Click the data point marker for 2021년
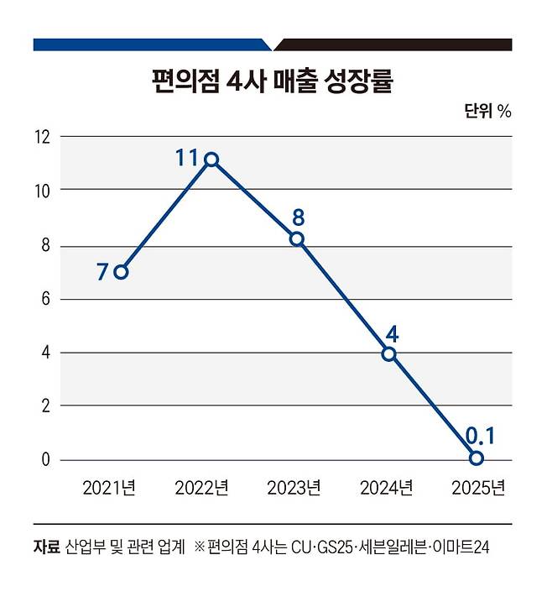[122, 271]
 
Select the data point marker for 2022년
[211, 160]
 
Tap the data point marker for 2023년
[296, 239]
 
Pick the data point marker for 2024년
[388, 353]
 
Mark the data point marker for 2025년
[476, 458]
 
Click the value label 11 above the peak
[186, 156]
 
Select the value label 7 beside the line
[102, 272]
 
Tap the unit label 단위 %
[487, 111]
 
